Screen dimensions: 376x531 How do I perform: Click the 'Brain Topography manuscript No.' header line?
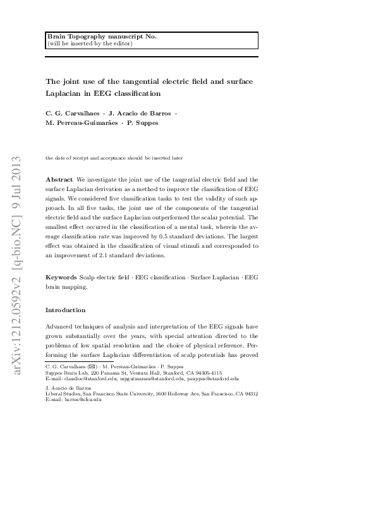[102, 37]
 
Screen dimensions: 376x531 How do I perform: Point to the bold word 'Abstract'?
[59, 180]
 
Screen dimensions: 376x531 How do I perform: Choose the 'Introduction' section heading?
[65, 310]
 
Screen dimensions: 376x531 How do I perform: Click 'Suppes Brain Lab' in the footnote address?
[66, 373]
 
